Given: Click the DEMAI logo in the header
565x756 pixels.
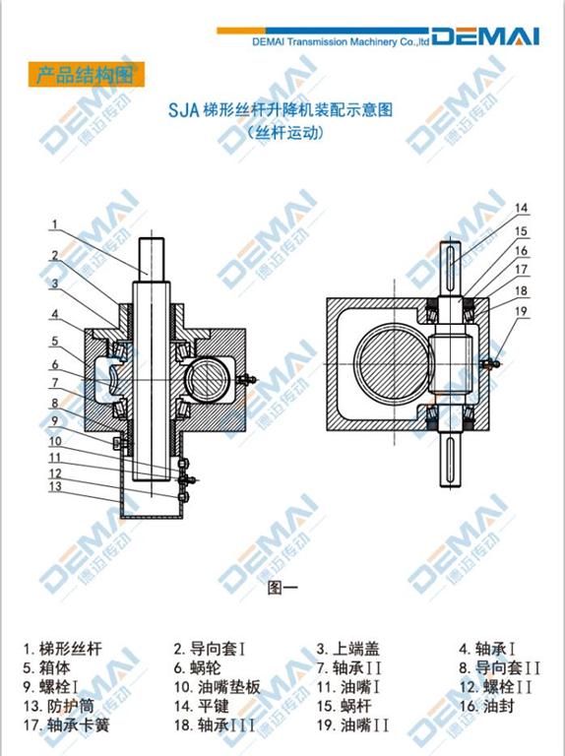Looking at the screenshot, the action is click(485, 36).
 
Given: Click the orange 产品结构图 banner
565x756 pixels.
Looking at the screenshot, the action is click(87, 74).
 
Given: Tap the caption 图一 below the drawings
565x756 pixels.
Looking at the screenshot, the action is click(282, 588).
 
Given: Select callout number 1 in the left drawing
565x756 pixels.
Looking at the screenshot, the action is click(55, 224).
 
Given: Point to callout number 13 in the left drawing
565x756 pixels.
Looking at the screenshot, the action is click(55, 486).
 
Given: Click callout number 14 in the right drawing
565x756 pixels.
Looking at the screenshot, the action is click(521, 208).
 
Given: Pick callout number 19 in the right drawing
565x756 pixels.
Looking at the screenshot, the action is click(521, 311).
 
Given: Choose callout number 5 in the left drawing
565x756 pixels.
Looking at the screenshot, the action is click(55, 342).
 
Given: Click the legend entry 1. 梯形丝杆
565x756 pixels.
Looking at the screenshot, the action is click(63, 649).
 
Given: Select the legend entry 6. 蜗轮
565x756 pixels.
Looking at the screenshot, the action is click(197, 667).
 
